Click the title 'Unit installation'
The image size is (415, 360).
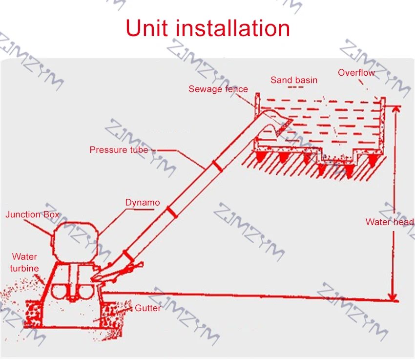pyautogui.click(x=208, y=28)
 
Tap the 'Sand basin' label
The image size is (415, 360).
pyautogui.click(x=294, y=80)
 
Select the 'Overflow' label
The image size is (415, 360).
pyautogui.click(x=356, y=72)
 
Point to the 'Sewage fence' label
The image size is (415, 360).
pyautogui.click(x=218, y=89)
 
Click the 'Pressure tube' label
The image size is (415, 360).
pyautogui.click(x=119, y=150)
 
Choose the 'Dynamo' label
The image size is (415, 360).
pyautogui.click(x=143, y=203)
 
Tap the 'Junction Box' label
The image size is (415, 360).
pyautogui.click(x=32, y=214)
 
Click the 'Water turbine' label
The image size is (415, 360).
pyautogui.click(x=24, y=262)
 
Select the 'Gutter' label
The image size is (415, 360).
pyautogui.click(x=147, y=308)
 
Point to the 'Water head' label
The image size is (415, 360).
pyautogui.click(x=390, y=222)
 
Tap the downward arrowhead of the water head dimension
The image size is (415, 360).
pyautogui.click(x=394, y=297)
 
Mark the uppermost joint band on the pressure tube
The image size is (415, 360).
pyautogui.click(x=218, y=166)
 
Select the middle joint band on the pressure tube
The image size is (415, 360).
pyautogui.click(x=172, y=212)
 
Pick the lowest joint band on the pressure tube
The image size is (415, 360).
pyautogui.click(x=129, y=256)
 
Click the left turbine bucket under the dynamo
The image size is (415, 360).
pyautogui.click(x=59, y=291)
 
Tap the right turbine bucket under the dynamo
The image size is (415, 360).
pyautogui.click(x=84, y=291)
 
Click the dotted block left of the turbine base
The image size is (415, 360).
pyautogui.click(x=33, y=314)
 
